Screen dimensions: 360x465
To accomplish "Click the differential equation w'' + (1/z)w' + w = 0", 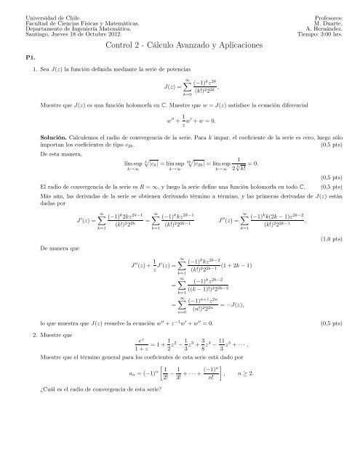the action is click(178, 121).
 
